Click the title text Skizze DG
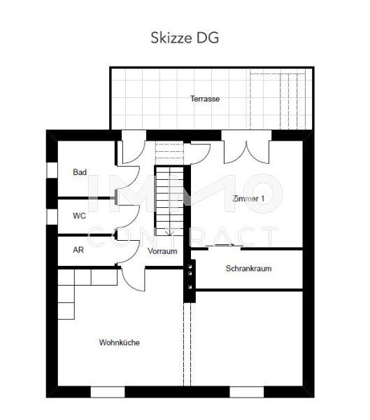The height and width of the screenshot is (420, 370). coord(185,37)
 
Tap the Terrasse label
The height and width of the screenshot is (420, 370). coord(205,99)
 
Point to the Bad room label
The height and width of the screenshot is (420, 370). coord(80,171)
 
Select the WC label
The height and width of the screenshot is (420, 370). coord(80,216)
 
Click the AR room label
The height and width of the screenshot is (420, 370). coord(79,249)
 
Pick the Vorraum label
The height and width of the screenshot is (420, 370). coord(162,251)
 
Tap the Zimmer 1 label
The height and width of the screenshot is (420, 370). coord(248,199)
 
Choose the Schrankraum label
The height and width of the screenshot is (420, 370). coord(248,268)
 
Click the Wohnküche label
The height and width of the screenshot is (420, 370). coord(119,343)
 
